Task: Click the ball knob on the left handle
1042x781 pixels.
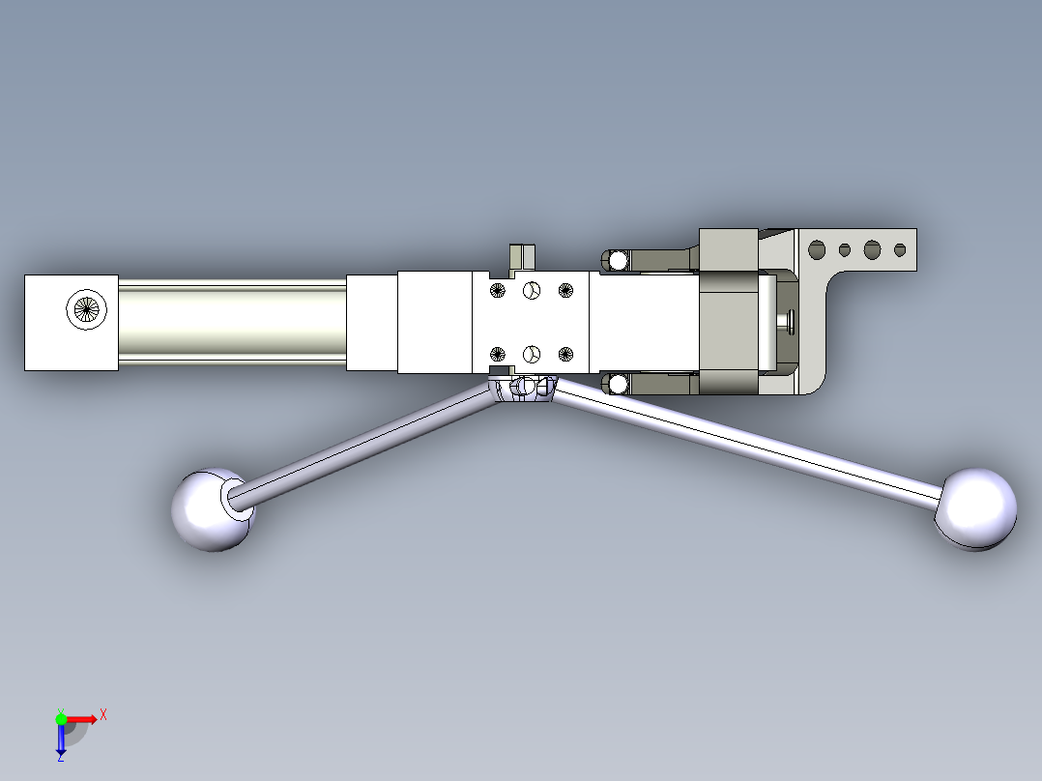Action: click(212, 509)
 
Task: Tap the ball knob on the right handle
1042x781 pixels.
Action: click(975, 509)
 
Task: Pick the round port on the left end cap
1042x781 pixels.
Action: click(86, 309)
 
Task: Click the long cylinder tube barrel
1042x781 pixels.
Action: click(233, 323)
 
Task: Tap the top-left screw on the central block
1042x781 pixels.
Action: click(497, 291)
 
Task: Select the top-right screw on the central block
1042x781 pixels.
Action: click(565, 291)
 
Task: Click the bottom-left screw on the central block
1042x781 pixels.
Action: click(497, 355)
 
